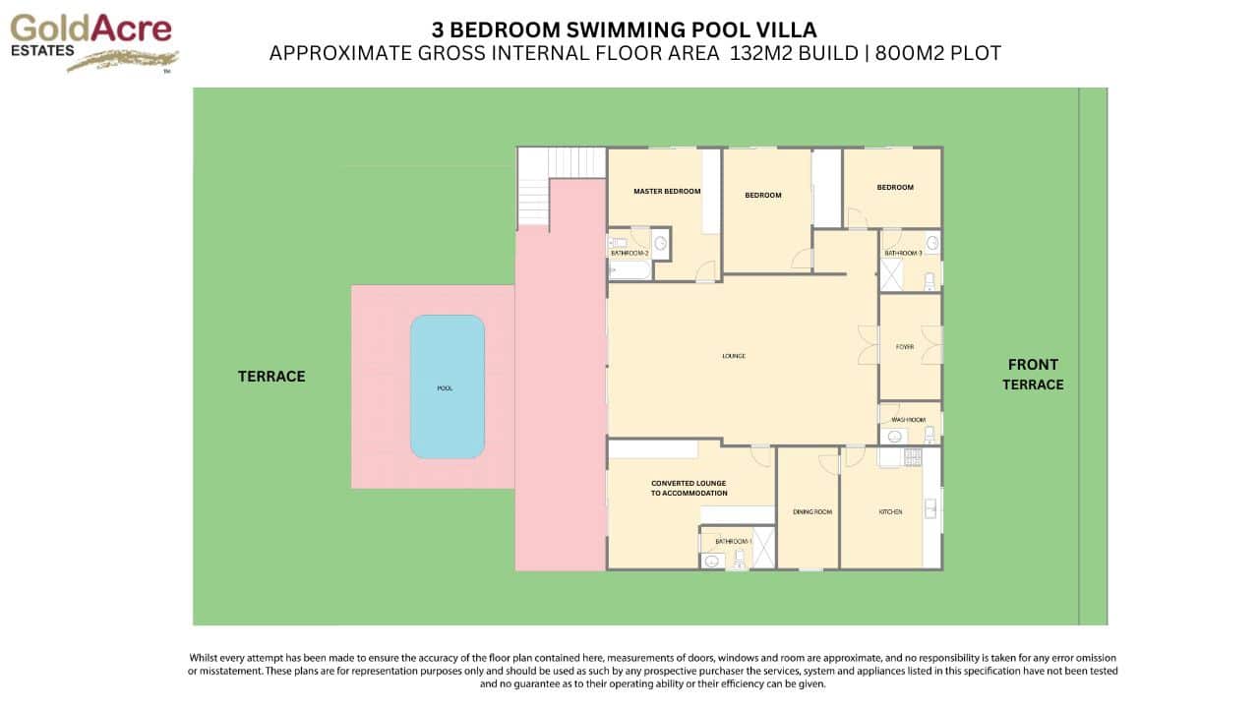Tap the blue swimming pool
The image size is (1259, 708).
pyautogui.click(x=447, y=386)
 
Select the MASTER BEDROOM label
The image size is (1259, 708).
pyautogui.click(x=667, y=191)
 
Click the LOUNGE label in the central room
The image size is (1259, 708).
pyautogui.click(x=733, y=356)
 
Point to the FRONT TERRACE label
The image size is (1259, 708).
pyautogui.click(x=1033, y=375)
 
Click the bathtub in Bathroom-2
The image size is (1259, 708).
pyautogui.click(x=629, y=269)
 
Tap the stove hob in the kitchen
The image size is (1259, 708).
pyautogui.click(x=911, y=456)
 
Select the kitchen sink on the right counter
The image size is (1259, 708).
pyautogui.click(x=930, y=508)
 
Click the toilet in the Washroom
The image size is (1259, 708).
pyautogui.click(x=929, y=434)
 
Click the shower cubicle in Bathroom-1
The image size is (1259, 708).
pyautogui.click(x=763, y=548)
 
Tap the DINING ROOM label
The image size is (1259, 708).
pyautogui.click(x=812, y=511)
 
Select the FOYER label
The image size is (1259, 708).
pyautogui.click(x=905, y=346)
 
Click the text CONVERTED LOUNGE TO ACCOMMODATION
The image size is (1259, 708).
pyautogui.click(x=689, y=488)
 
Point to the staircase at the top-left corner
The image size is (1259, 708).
pyautogui.click(x=562, y=163)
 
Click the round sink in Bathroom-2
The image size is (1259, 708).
pyautogui.click(x=661, y=243)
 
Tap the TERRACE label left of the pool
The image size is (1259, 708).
pyautogui.click(x=271, y=376)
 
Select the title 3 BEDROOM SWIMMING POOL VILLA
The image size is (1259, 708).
pyautogui.click(x=624, y=29)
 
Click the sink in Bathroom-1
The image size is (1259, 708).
pyautogui.click(x=711, y=560)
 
